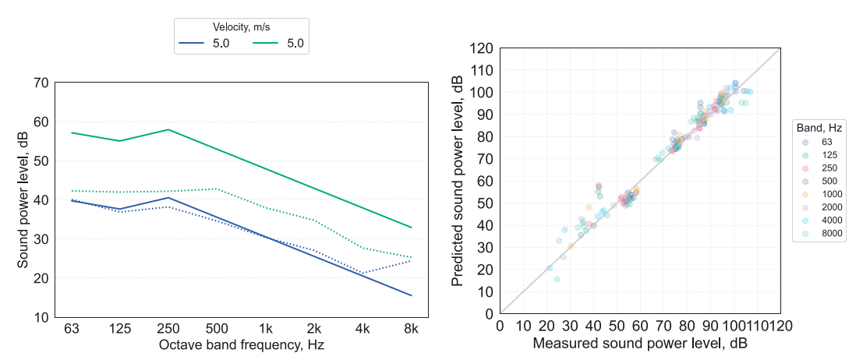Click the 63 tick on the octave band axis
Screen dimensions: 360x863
click(71, 330)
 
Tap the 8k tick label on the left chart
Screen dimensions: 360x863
click(411, 330)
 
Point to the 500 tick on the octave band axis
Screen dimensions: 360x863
click(217, 330)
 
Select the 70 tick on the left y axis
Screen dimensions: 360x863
click(41, 83)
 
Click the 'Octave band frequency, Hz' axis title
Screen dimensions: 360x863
click(241, 344)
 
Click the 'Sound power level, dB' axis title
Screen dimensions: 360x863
click(23, 200)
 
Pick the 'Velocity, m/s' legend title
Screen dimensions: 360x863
click(242, 27)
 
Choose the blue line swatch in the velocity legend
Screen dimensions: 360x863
click(193, 44)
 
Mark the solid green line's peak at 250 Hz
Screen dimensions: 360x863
click(168, 129)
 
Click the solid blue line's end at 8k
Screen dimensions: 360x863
click(411, 295)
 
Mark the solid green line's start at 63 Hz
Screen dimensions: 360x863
click(71, 132)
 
